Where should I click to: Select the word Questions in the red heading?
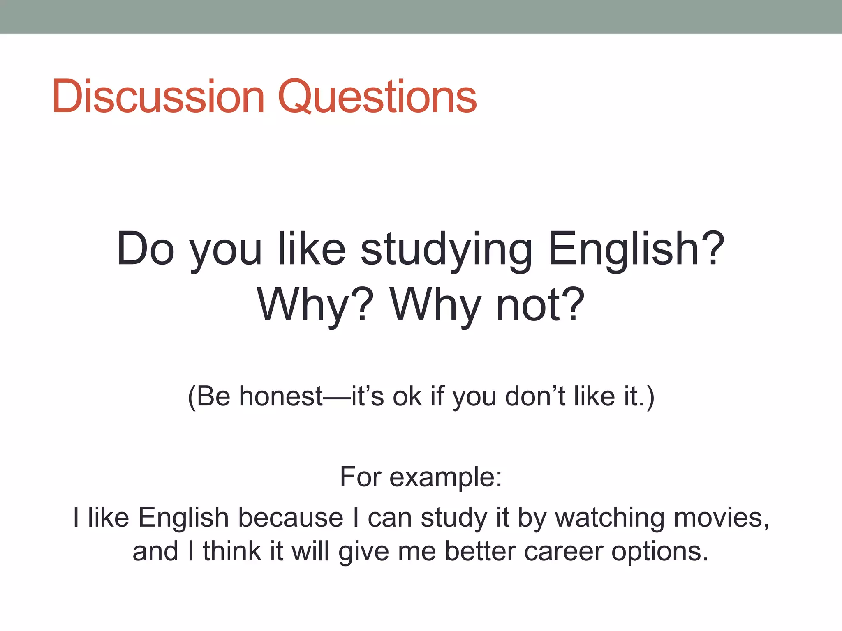point(377,98)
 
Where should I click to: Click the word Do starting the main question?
point(146,249)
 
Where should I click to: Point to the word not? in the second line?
point(540,305)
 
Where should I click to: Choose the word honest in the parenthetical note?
point(281,397)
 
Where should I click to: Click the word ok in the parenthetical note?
point(407,397)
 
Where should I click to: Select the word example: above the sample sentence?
point(445,477)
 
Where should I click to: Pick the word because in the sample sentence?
point(290,517)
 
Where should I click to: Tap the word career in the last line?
point(563,551)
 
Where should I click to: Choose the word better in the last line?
point(480,551)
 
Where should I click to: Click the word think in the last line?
point(232,551)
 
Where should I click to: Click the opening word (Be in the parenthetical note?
point(209,397)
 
